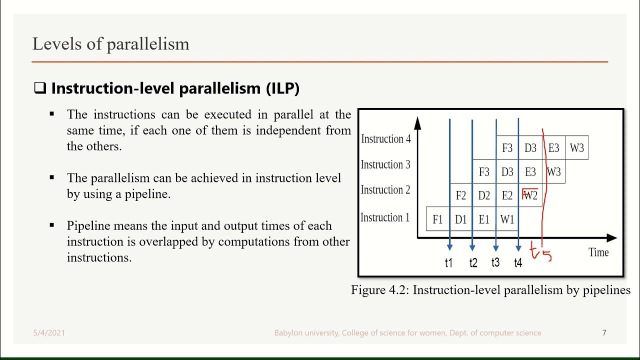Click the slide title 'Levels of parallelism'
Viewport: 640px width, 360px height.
[x=110, y=44]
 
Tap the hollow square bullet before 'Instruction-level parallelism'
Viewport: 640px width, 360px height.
[x=39, y=88]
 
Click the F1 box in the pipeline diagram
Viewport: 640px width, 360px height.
[x=437, y=219]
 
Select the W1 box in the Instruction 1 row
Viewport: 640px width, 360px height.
[x=507, y=219]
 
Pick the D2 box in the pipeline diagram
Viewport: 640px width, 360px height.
[x=484, y=195]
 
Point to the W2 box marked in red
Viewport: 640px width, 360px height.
[x=530, y=195]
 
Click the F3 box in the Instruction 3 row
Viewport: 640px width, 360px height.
[x=484, y=172]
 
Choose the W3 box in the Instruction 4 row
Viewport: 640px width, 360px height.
[x=576, y=148]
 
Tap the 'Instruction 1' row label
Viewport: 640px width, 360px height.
[x=385, y=217]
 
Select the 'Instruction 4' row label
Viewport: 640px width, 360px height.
[x=385, y=139]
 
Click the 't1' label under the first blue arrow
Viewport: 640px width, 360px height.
[x=448, y=262]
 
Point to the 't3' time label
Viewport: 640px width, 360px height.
[x=495, y=262]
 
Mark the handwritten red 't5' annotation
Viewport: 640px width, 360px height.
[x=541, y=252]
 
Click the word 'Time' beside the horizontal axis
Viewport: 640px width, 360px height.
[x=598, y=252]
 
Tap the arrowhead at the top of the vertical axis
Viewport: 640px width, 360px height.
[x=418, y=122]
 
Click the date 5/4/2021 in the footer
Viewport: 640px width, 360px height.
[x=49, y=332]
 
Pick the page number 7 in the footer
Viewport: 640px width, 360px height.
[x=604, y=332]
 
